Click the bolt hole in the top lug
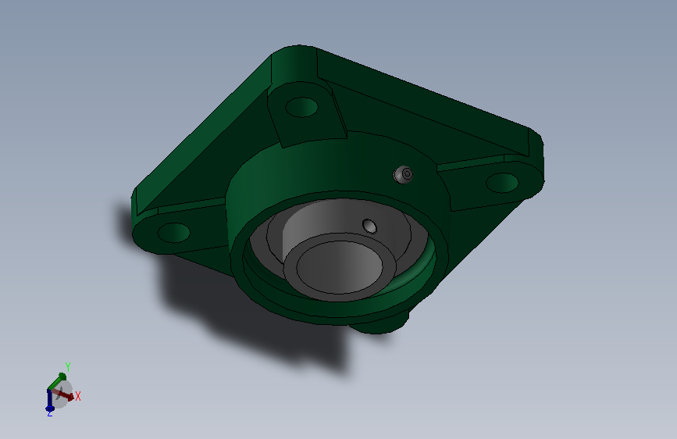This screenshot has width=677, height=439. coord(301,107)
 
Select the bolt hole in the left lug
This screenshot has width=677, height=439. coord(173,233)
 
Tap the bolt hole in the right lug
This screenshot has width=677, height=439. coord(502,183)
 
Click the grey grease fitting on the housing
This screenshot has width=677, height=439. coord(403,174)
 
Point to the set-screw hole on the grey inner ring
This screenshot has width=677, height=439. coord(369,227)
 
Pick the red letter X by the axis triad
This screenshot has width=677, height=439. coord(78,396)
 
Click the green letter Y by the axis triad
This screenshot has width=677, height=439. coord(68,367)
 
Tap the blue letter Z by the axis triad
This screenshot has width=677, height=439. coord(50,413)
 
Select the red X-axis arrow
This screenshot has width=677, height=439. coord(62,394)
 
